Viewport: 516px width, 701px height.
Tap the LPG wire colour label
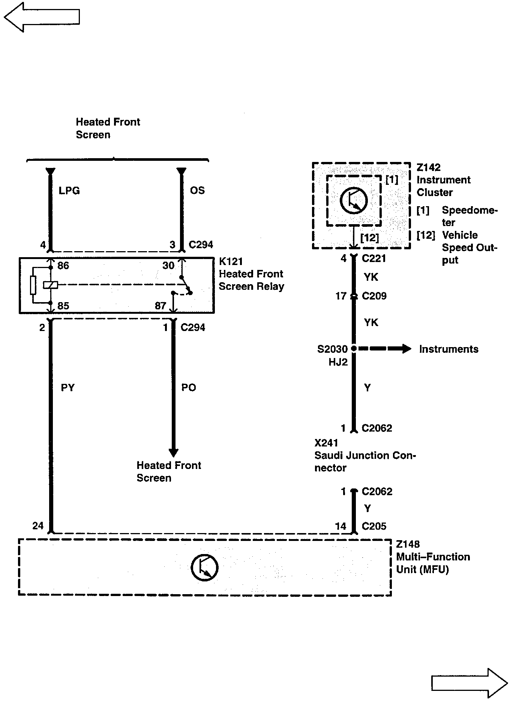(69, 190)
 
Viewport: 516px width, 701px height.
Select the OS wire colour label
(197, 190)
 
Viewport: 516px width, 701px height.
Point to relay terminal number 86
(63, 266)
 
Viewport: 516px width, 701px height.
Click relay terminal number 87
(160, 306)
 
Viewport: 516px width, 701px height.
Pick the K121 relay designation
(231, 261)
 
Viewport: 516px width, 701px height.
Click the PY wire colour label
(68, 388)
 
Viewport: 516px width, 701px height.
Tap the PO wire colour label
(189, 388)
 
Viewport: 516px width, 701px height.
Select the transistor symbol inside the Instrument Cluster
(353, 200)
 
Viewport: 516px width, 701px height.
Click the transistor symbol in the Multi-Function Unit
(204, 567)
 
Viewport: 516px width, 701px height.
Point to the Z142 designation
(429, 167)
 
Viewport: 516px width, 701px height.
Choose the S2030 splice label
(332, 349)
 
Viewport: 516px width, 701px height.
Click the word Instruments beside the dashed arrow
(448, 349)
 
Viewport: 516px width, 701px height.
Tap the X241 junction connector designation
(326, 443)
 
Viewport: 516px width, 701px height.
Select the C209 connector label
(374, 296)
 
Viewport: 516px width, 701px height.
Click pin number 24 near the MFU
(38, 526)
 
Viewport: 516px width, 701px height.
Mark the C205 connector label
(374, 526)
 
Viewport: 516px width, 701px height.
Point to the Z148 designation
(408, 544)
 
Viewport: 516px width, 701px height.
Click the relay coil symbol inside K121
(50, 285)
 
